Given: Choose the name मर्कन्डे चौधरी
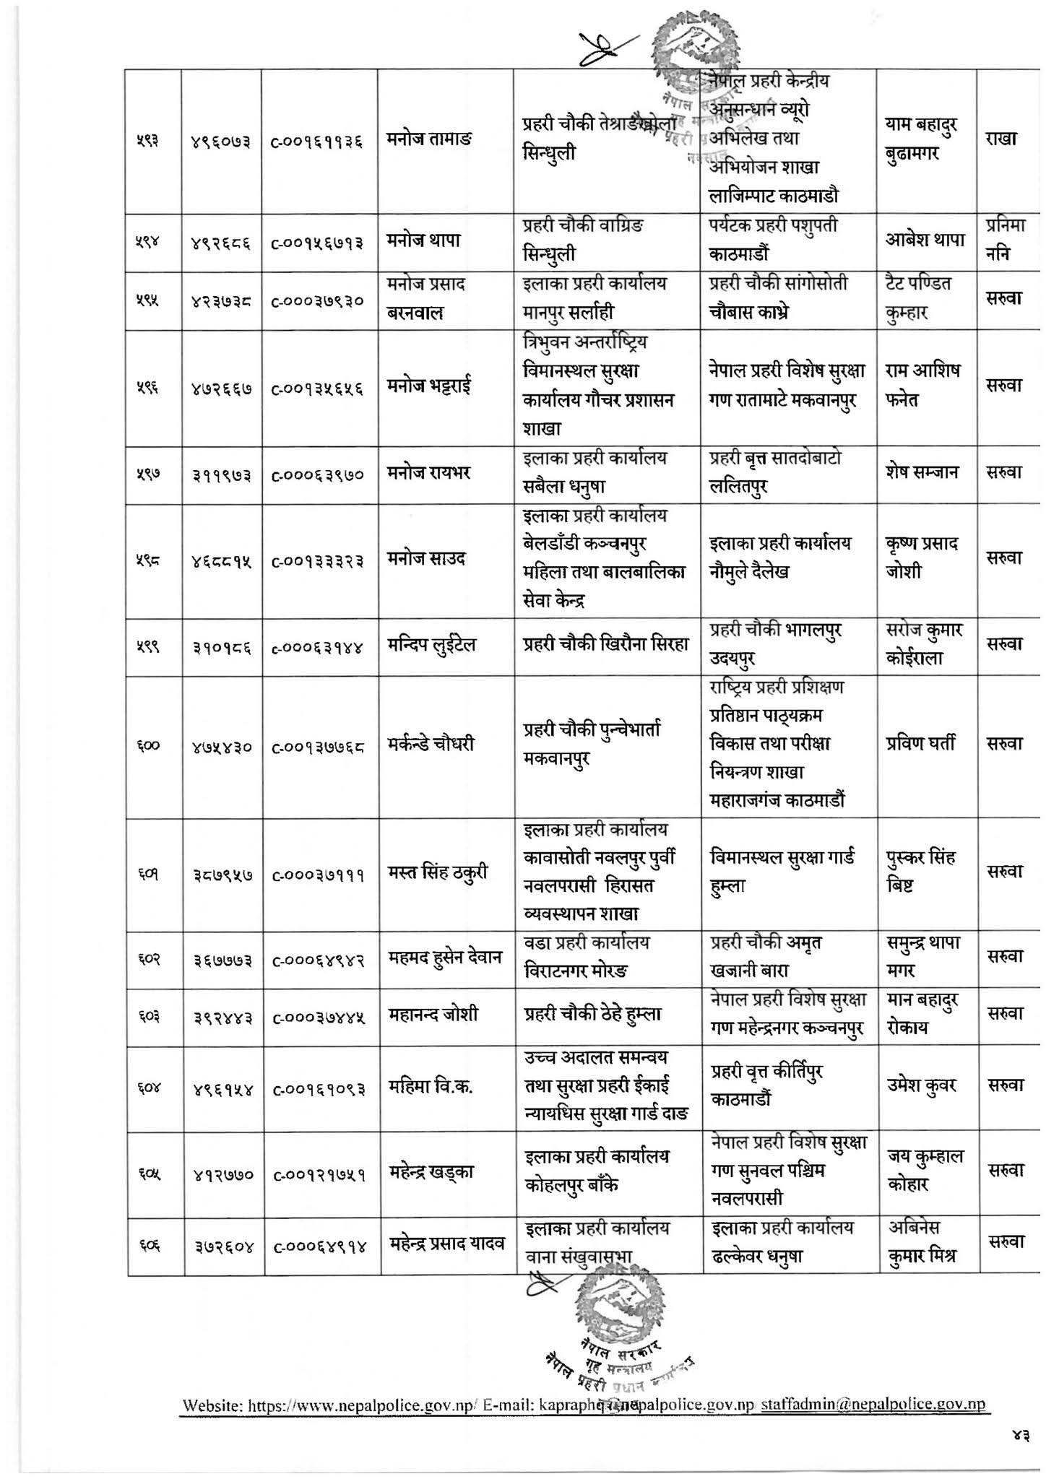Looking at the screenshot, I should [431, 745].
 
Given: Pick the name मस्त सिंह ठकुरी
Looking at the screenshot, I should [438, 873].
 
